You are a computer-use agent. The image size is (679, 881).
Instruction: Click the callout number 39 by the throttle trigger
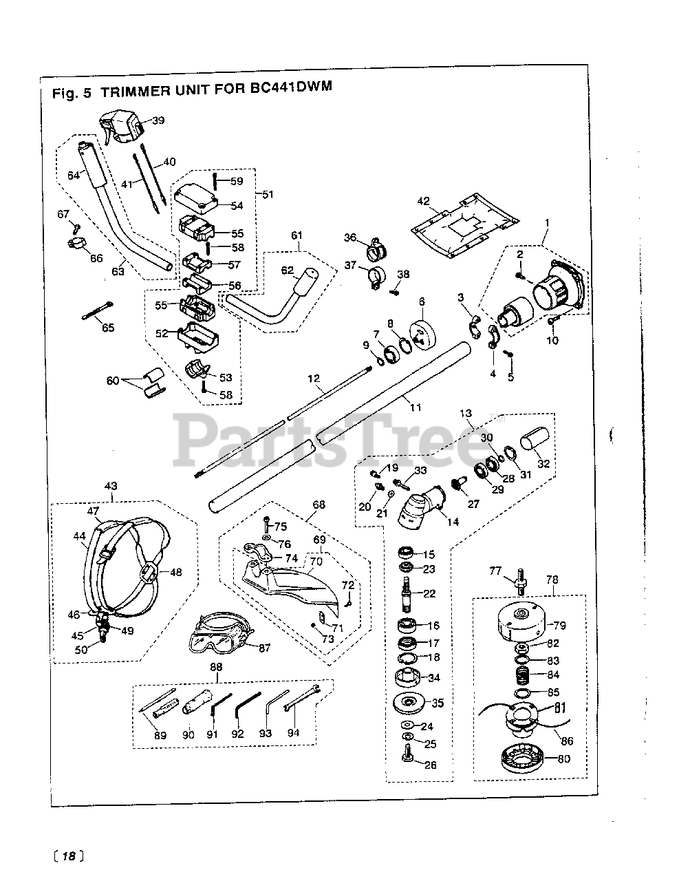point(158,120)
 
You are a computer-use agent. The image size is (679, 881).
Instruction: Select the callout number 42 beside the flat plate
point(423,201)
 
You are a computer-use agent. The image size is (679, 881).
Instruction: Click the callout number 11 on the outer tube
point(415,407)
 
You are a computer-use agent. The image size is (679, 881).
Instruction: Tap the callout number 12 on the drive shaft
point(314,378)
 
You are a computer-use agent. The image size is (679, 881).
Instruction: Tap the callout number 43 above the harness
point(111,485)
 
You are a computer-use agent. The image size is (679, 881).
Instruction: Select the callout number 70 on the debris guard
point(315,561)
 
